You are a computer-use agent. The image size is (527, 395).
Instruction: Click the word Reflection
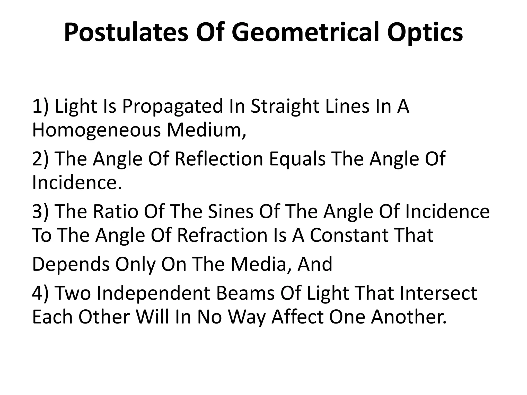pyautogui.click(x=219, y=159)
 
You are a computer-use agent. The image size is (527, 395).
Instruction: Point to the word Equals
pyautogui.click(x=297, y=159)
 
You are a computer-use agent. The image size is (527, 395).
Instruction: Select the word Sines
pyautogui.click(x=230, y=211)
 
